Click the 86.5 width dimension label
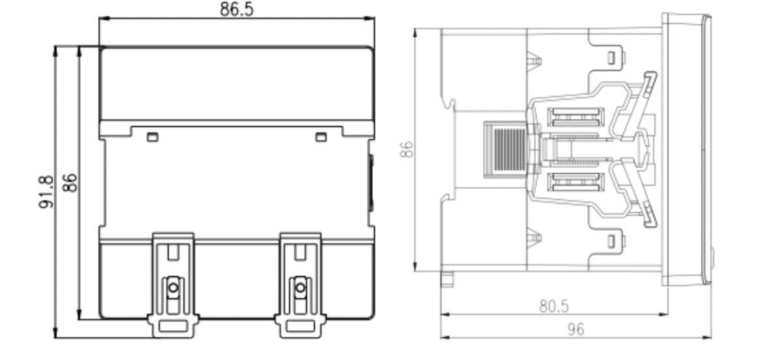click(236, 9)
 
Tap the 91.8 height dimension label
click(46, 192)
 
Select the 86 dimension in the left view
click(70, 183)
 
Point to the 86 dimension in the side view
click(407, 149)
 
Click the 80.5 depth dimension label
click(554, 307)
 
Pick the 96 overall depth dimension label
click(575, 329)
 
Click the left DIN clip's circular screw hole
click(173, 288)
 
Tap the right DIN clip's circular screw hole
click(300, 288)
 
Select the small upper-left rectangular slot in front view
click(152, 137)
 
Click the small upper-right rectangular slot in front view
click(321, 137)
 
